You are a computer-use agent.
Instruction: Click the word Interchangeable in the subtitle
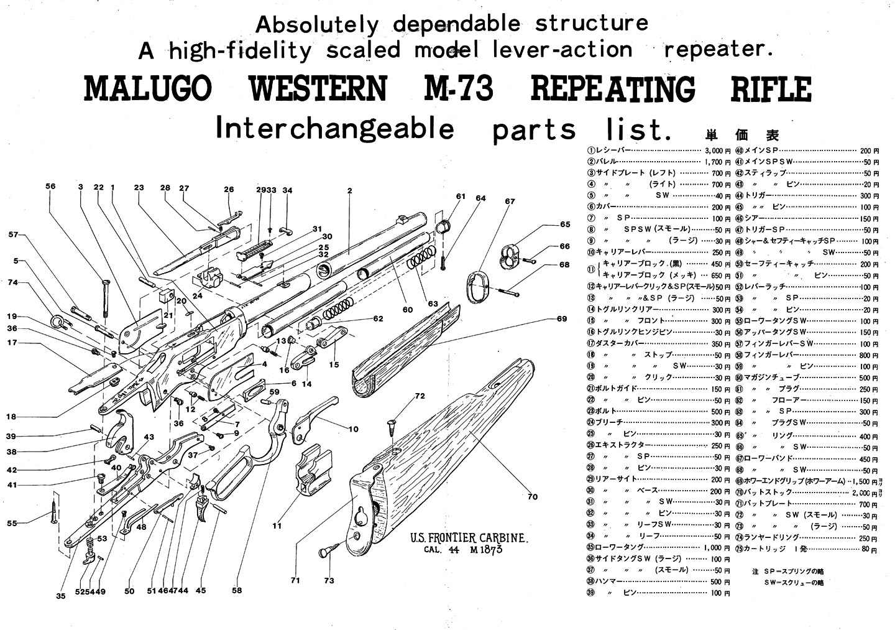(x=334, y=129)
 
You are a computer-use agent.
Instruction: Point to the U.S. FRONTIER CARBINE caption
(x=470, y=538)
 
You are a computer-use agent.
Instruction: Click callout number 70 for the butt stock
(x=533, y=497)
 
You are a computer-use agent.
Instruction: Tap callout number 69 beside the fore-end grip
(x=562, y=319)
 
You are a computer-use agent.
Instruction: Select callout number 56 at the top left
(x=50, y=186)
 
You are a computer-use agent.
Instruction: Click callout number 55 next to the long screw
(x=12, y=524)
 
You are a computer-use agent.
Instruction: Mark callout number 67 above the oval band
(x=510, y=202)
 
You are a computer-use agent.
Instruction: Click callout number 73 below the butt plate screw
(x=329, y=581)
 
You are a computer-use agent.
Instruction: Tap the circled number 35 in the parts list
(x=591, y=548)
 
